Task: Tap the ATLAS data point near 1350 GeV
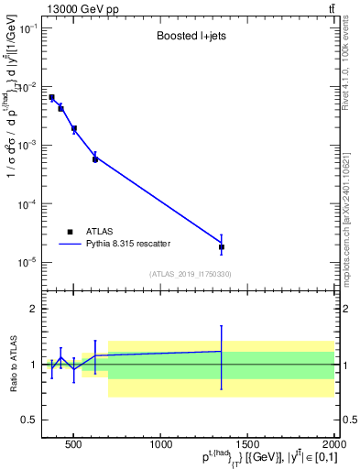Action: click(221, 247)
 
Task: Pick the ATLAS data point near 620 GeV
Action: click(95, 159)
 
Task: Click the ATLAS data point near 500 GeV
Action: click(74, 129)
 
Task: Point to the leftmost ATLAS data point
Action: click(52, 97)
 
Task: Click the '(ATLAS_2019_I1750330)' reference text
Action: click(191, 274)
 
